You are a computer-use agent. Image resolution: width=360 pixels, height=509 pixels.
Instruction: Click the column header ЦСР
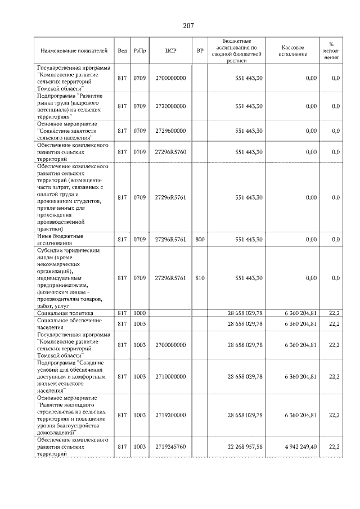click(x=171, y=51)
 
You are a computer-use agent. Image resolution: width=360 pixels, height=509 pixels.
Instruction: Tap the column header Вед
click(x=122, y=51)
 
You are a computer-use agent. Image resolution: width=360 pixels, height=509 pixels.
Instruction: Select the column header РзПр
click(x=140, y=51)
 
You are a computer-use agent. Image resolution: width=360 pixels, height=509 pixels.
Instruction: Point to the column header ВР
click(x=200, y=51)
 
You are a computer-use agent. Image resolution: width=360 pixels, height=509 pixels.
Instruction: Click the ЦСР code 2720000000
click(x=171, y=106)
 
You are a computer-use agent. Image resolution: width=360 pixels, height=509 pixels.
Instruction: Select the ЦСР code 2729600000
click(x=171, y=130)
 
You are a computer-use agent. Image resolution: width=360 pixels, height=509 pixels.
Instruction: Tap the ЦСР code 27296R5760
click(x=171, y=152)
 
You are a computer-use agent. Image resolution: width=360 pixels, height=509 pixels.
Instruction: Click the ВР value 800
click(x=200, y=240)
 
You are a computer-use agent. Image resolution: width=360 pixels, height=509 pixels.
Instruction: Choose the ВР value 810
click(x=200, y=278)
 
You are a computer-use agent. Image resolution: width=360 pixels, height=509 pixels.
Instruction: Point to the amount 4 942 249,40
click(x=300, y=447)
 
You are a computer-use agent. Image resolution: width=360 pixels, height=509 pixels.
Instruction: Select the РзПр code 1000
click(x=140, y=313)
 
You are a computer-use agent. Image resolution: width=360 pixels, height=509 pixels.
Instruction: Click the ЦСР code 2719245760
click(x=171, y=447)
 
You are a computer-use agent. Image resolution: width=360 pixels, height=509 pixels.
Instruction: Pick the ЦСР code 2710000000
click(x=171, y=376)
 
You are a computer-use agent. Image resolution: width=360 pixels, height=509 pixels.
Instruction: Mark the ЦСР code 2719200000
click(x=171, y=415)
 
